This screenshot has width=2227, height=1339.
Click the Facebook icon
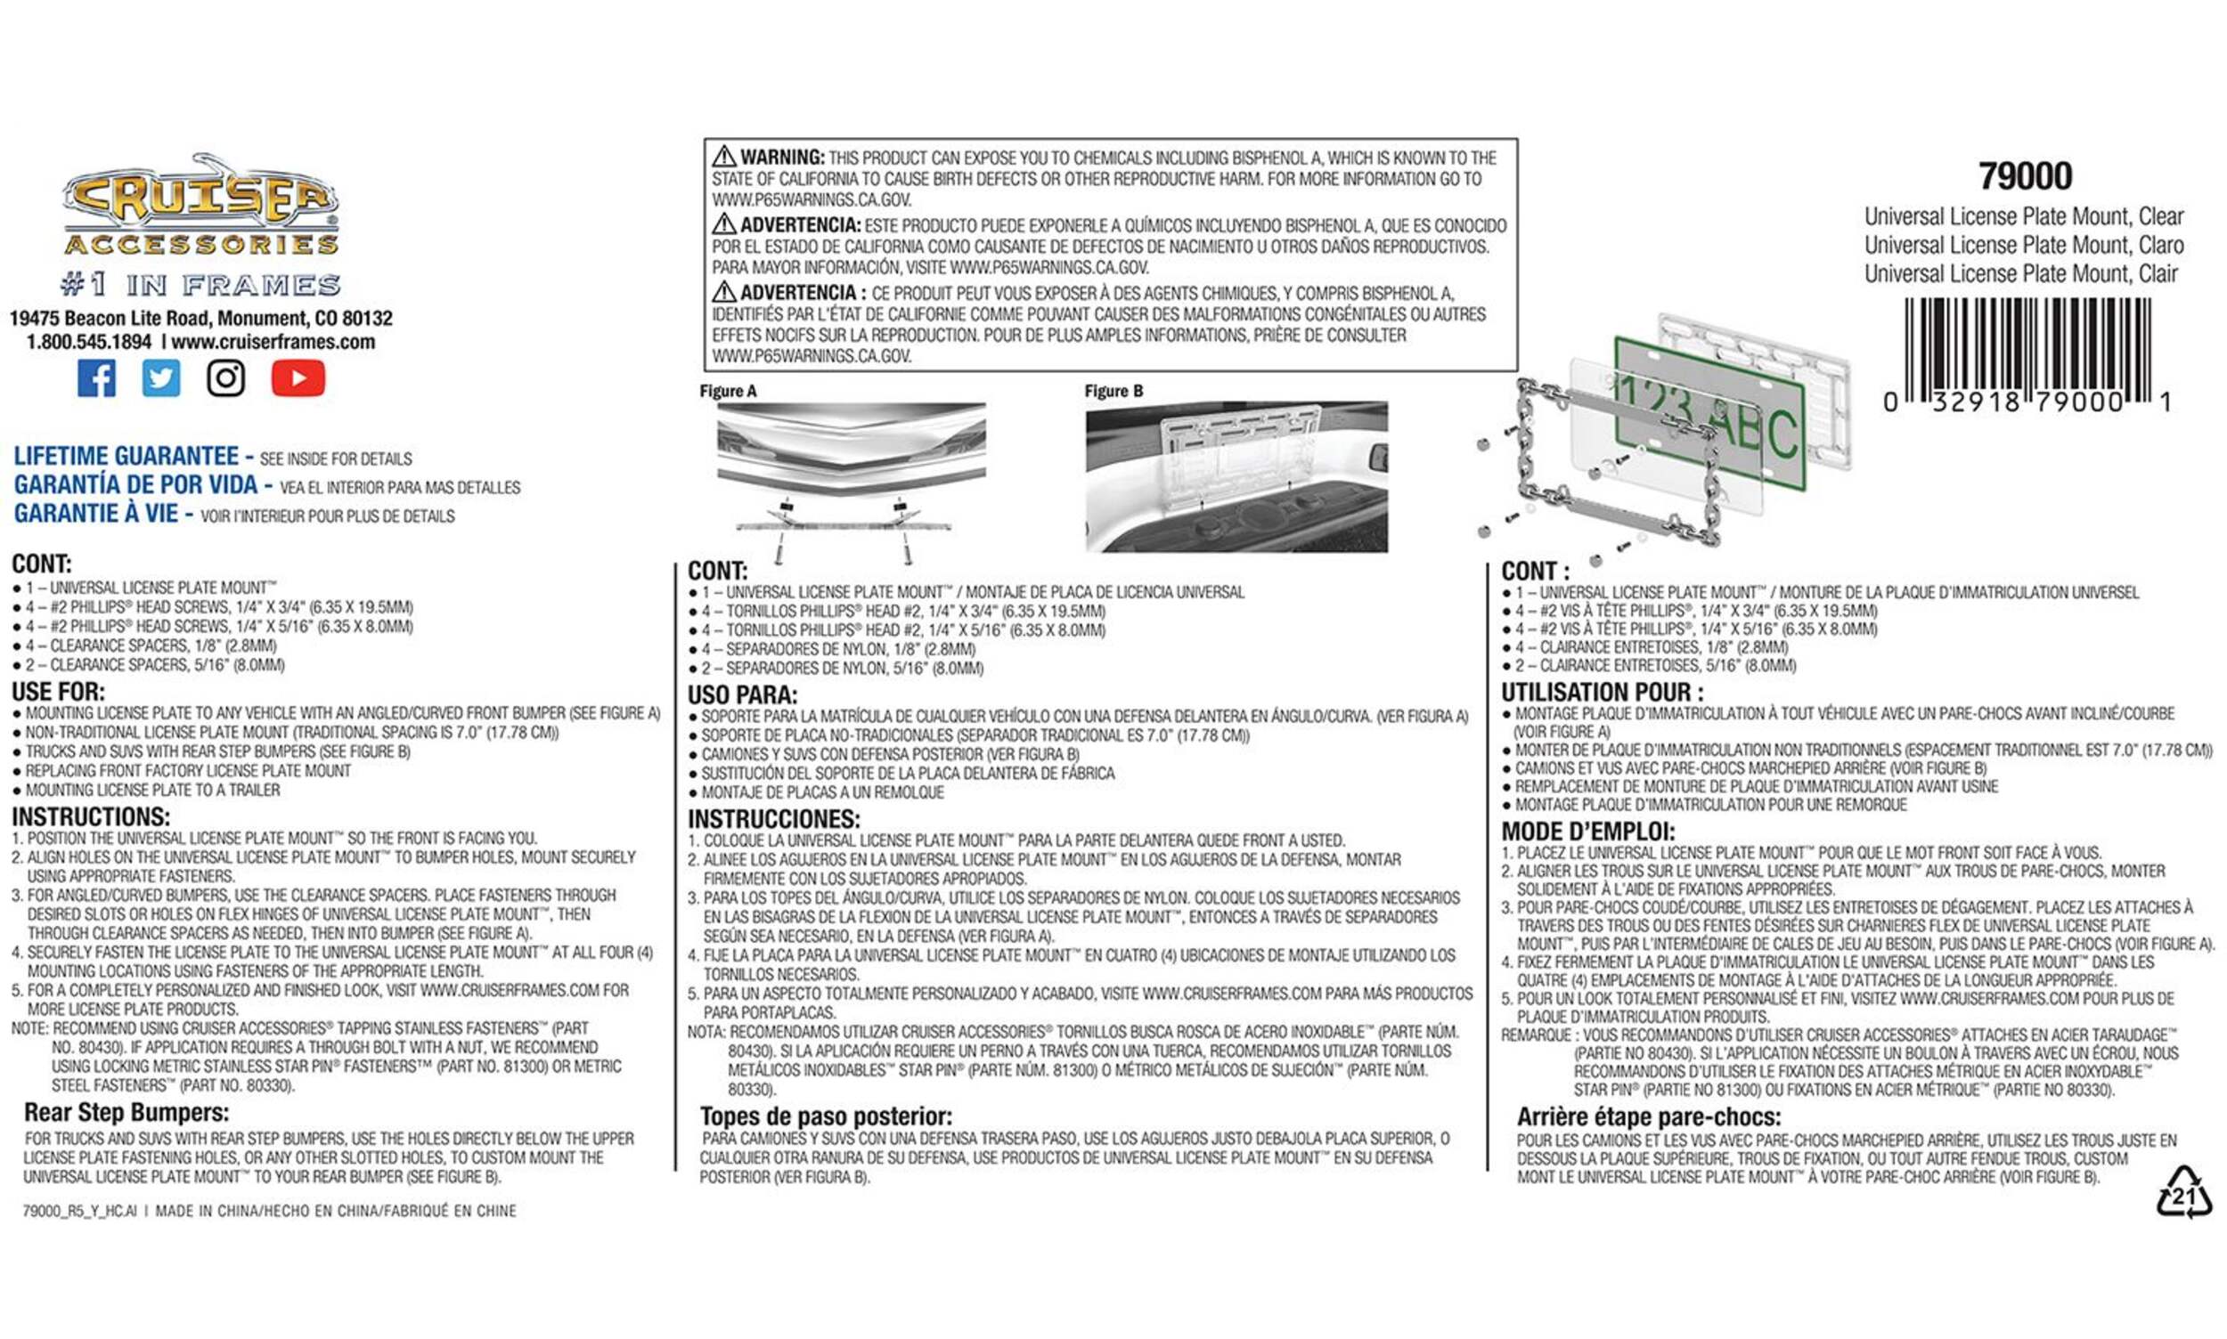[x=96, y=378]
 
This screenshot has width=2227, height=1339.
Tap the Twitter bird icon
[x=160, y=378]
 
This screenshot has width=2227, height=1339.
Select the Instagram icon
[x=225, y=378]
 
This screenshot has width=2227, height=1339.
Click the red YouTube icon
[x=298, y=378]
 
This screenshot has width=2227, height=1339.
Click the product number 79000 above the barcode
[x=2025, y=176]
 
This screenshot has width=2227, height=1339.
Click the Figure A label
[x=728, y=391]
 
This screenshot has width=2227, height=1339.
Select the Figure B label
[x=1113, y=391]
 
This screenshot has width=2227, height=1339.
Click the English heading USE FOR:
[x=58, y=691]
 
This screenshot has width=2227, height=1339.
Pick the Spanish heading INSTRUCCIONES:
[x=773, y=819]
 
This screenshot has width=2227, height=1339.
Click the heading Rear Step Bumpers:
[x=126, y=1113]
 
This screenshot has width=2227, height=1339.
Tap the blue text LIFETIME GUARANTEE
[x=126, y=457]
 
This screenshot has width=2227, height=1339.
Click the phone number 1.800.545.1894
[x=88, y=342]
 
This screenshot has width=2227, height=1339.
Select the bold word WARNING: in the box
[x=782, y=157]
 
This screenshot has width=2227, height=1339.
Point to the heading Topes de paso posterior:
[x=825, y=1116]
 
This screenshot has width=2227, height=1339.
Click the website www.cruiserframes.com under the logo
[x=273, y=342]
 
